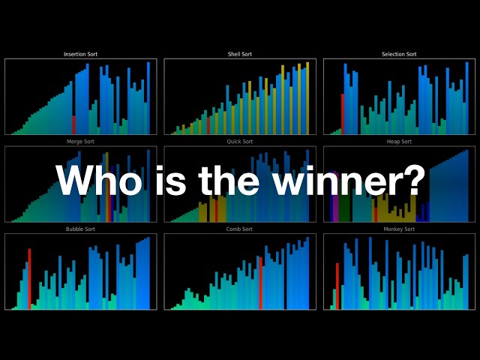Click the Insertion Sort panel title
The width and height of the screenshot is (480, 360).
[x=80, y=55]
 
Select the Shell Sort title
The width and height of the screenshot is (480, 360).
[x=240, y=55]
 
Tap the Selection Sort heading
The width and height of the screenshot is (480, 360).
[x=399, y=55]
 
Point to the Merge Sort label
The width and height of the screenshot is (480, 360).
[x=80, y=142]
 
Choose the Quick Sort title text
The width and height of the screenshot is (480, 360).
[x=240, y=142]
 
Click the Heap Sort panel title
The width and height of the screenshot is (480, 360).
[x=399, y=142]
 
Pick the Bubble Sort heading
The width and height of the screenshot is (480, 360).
[x=80, y=229]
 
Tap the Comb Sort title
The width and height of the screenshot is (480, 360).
[x=240, y=229]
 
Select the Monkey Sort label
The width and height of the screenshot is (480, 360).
[x=399, y=229]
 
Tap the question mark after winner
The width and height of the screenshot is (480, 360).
[x=415, y=181]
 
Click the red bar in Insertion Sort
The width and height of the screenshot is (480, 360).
[x=73, y=125]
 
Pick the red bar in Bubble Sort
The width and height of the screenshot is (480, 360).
[x=29, y=279]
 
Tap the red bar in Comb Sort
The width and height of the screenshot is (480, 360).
[x=260, y=283]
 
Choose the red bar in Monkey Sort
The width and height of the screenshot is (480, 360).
[x=337, y=286]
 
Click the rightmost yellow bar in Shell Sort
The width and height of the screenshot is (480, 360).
[x=307, y=98]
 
